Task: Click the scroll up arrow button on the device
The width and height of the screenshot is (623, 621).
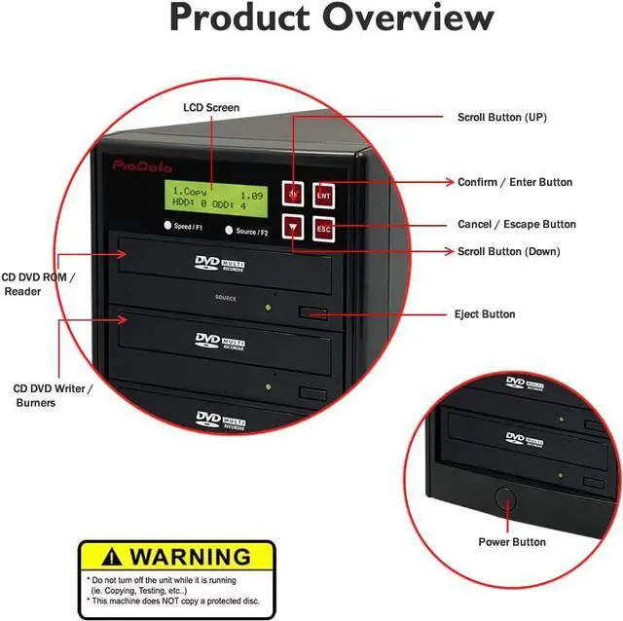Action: click(294, 193)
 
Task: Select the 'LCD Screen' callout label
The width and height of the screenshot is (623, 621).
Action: click(210, 107)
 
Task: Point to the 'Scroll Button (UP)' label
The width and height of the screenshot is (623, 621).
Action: click(502, 117)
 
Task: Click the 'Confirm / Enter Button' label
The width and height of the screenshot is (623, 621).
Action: click(515, 182)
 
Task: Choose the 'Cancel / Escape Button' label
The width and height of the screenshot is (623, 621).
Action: click(517, 225)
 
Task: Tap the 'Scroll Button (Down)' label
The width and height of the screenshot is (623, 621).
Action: click(508, 251)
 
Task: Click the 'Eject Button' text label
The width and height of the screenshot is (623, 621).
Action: click(485, 314)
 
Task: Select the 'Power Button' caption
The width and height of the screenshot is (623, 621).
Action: click(512, 541)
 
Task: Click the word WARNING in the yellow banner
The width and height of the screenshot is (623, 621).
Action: click(190, 558)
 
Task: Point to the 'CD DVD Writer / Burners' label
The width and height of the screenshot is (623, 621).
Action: click(54, 395)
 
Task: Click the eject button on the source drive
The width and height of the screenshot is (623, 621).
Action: click(312, 312)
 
